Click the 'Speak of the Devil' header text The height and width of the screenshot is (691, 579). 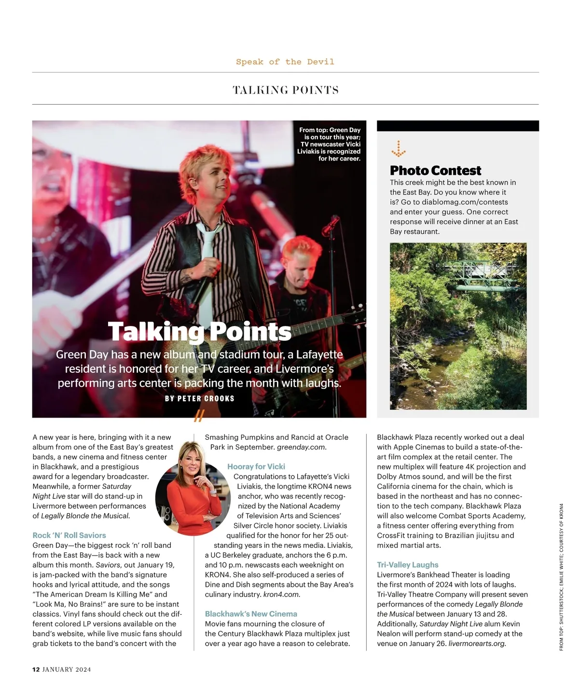click(285, 62)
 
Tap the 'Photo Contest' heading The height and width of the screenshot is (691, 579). click(435, 171)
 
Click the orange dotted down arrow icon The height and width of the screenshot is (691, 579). click(398, 149)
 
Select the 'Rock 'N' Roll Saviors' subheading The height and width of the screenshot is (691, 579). click(69, 535)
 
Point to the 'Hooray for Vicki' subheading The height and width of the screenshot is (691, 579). click(256, 466)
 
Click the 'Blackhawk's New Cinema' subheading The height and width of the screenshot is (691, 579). click(251, 614)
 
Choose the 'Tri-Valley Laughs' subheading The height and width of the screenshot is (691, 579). click(408, 565)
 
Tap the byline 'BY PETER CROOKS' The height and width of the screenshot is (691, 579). click(200, 398)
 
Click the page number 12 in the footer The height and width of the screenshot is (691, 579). click(36, 669)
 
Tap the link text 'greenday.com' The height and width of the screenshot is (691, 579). click(301, 447)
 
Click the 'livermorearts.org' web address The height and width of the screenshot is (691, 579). click(477, 643)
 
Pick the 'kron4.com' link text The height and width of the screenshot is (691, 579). click(281, 594)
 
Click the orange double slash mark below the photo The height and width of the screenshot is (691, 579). click(199, 416)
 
